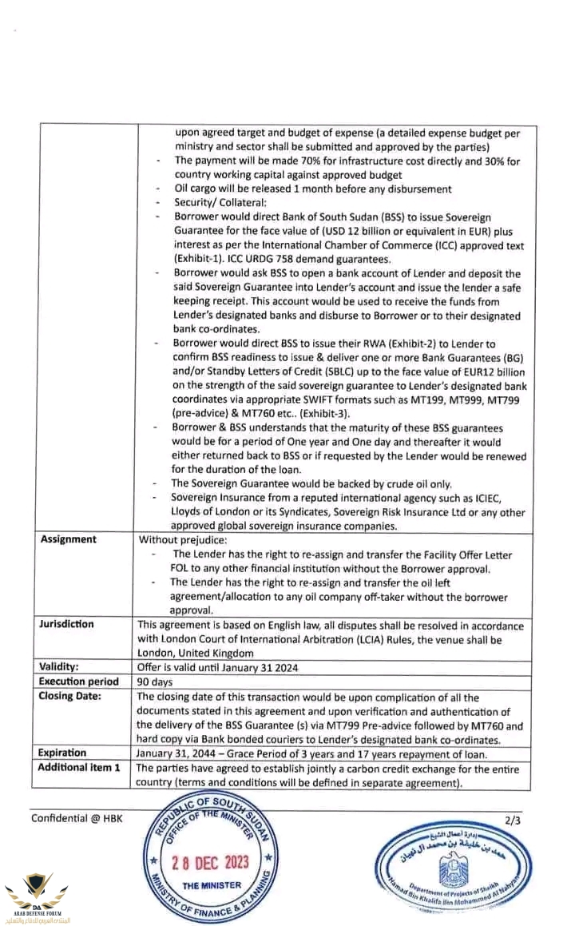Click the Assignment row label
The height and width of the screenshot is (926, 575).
pos(69,539)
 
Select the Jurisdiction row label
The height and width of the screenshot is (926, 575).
pos(67,624)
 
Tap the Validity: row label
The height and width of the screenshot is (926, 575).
pos(64,666)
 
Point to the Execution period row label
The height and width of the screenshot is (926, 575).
pos(79,682)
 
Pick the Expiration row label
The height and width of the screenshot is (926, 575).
pos(62,753)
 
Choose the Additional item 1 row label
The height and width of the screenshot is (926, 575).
pos(80,767)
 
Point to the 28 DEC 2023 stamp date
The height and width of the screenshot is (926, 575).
pos(211,863)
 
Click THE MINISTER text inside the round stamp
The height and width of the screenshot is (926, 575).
pos(212,886)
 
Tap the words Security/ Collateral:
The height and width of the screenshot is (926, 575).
pos(210,203)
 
